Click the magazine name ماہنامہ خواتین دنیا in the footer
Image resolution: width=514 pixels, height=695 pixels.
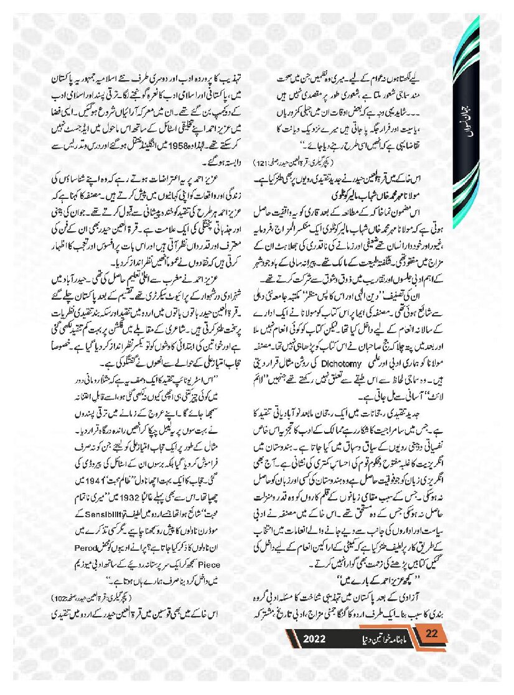point(374,640)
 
